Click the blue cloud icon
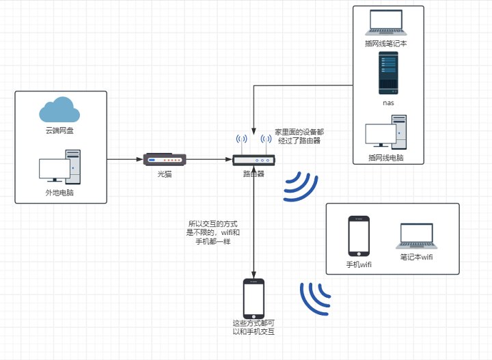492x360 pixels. coord(59,110)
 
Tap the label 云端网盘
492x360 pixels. coord(59,130)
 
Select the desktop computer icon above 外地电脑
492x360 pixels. coord(59,168)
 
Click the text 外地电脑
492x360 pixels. coord(59,193)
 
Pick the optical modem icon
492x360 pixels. coord(165,160)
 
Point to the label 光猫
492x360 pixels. coord(165,174)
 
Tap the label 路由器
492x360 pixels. coord(254,174)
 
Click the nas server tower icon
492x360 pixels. coord(387,72)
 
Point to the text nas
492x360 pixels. coord(387,102)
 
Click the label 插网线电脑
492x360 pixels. coord(385,157)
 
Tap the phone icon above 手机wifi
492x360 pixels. coord(359,236)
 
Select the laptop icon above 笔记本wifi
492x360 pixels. coord(417,236)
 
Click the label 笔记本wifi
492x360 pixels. coord(417,258)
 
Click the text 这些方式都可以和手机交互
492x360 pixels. coord(254,327)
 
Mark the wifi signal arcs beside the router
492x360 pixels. coord(301,186)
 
